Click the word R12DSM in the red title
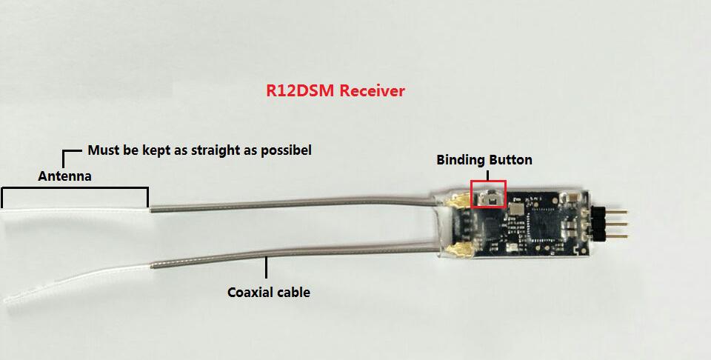[x=298, y=91]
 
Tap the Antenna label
[x=64, y=176]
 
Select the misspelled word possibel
[x=284, y=150]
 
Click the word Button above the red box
[x=510, y=159]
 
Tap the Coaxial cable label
[x=268, y=292]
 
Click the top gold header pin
[x=619, y=210]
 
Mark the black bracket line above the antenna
[x=75, y=190]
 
